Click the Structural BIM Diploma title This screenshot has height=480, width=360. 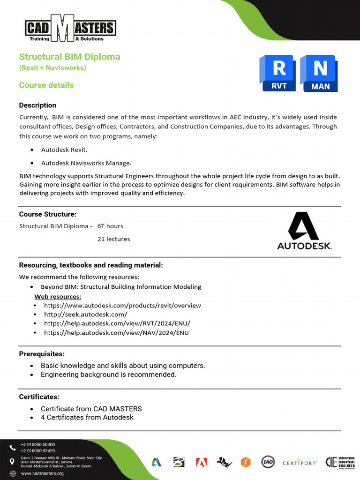[69, 57]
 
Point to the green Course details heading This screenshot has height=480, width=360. [46, 85]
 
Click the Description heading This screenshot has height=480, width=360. [37, 105]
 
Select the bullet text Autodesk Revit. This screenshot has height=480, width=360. [64, 150]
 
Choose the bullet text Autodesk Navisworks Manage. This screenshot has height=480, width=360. [86, 163]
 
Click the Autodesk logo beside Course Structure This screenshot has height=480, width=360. [304, 231]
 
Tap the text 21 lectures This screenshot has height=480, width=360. [113, 239]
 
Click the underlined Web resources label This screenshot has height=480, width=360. [58, 297]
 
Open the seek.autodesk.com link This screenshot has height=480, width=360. [85, 315]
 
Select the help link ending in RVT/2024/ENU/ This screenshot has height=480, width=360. [117, 323]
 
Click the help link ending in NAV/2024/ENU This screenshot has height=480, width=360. [116, 333]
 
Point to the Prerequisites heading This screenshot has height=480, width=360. [42, 354]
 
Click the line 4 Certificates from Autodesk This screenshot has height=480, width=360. [87, 417]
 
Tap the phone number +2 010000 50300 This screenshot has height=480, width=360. [38, 444]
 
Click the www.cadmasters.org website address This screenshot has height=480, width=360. [42, 473]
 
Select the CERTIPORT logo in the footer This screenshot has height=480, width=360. [300, 463]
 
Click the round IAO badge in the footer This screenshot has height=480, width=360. [268, 462]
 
